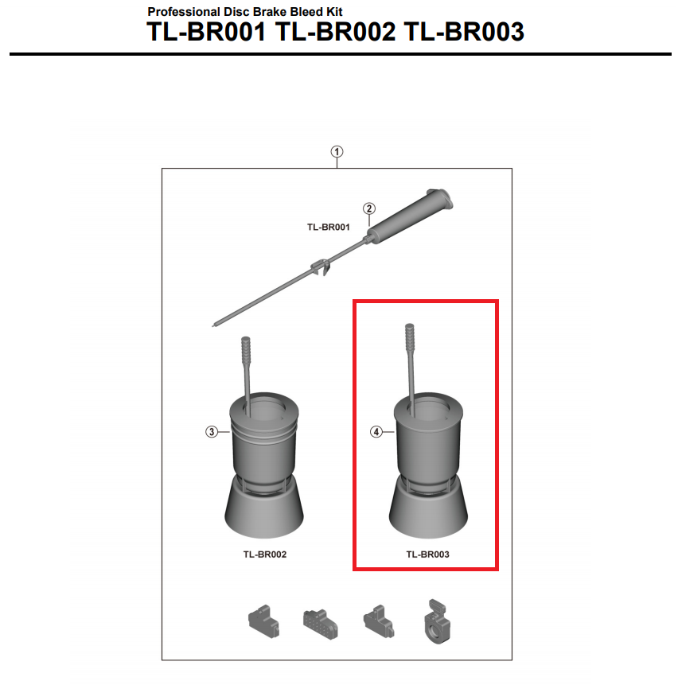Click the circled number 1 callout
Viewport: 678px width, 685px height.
(337, 152)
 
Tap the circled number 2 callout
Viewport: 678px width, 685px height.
(369, 208)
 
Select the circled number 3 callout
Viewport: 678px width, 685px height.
(212, 432)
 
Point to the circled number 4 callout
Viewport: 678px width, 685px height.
(376, 432)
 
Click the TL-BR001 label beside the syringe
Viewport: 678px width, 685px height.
(329, 228)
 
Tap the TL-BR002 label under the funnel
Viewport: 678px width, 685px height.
(265, 555)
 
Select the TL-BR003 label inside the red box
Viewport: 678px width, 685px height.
(427, 555)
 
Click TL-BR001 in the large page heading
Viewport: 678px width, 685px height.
(206, 32)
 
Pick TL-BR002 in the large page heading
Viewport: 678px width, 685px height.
(335, 32)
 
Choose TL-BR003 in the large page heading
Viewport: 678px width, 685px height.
(464, 32)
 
